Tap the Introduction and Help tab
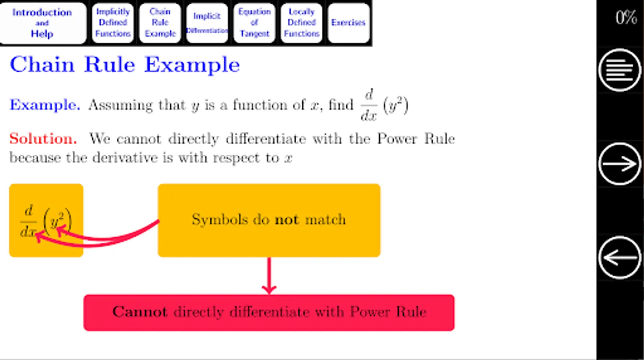coord(42,23)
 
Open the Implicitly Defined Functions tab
coord(113,23)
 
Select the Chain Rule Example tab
coord(160,23)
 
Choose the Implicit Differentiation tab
coord(207,23)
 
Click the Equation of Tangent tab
coord(254,23)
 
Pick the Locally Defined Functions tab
coord(301,23)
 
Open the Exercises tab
coord(348,23)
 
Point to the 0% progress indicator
coord(626,18)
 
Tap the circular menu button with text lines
coord(620,70)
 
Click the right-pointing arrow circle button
coord(620,164)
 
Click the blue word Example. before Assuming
coord(45,105)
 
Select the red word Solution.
coord(43,139)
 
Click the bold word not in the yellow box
coord(287,220)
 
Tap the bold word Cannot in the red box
coord(140,312)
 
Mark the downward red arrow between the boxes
coord(269,276)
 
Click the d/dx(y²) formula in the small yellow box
coord(46,221)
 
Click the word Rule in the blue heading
coord(110,65)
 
